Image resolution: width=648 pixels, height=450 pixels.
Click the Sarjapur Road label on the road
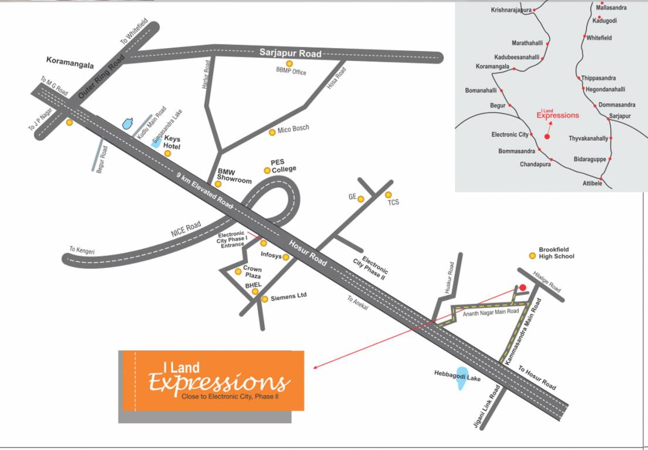tap(290, 53)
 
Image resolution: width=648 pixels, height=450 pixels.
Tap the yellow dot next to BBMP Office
tap(289, 63)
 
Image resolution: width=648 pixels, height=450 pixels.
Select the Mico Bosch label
tap(293, 128)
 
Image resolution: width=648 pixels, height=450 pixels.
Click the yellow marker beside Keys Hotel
tap(167, 154)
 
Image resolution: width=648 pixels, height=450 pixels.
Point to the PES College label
tap(283, 165)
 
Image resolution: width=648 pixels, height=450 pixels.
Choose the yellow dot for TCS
tap(388, 195)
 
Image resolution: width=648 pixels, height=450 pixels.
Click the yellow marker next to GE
tap(361, 199)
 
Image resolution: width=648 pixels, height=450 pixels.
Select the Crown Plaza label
tap(252, 272)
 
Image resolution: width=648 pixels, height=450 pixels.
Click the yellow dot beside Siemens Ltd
tap(264, 299)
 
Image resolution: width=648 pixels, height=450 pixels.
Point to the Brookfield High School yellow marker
tap(532, 255)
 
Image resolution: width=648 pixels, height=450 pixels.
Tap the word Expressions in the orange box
tap(219, 383)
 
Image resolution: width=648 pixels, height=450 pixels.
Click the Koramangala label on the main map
tap(70, 60)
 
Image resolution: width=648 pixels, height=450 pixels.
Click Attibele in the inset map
tap(592, 183)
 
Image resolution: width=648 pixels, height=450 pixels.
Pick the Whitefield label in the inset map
tap(599, 37)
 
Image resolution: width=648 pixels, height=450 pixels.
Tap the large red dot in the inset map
tap(547, 137)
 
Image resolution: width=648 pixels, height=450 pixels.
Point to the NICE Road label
tap(186, 228)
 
